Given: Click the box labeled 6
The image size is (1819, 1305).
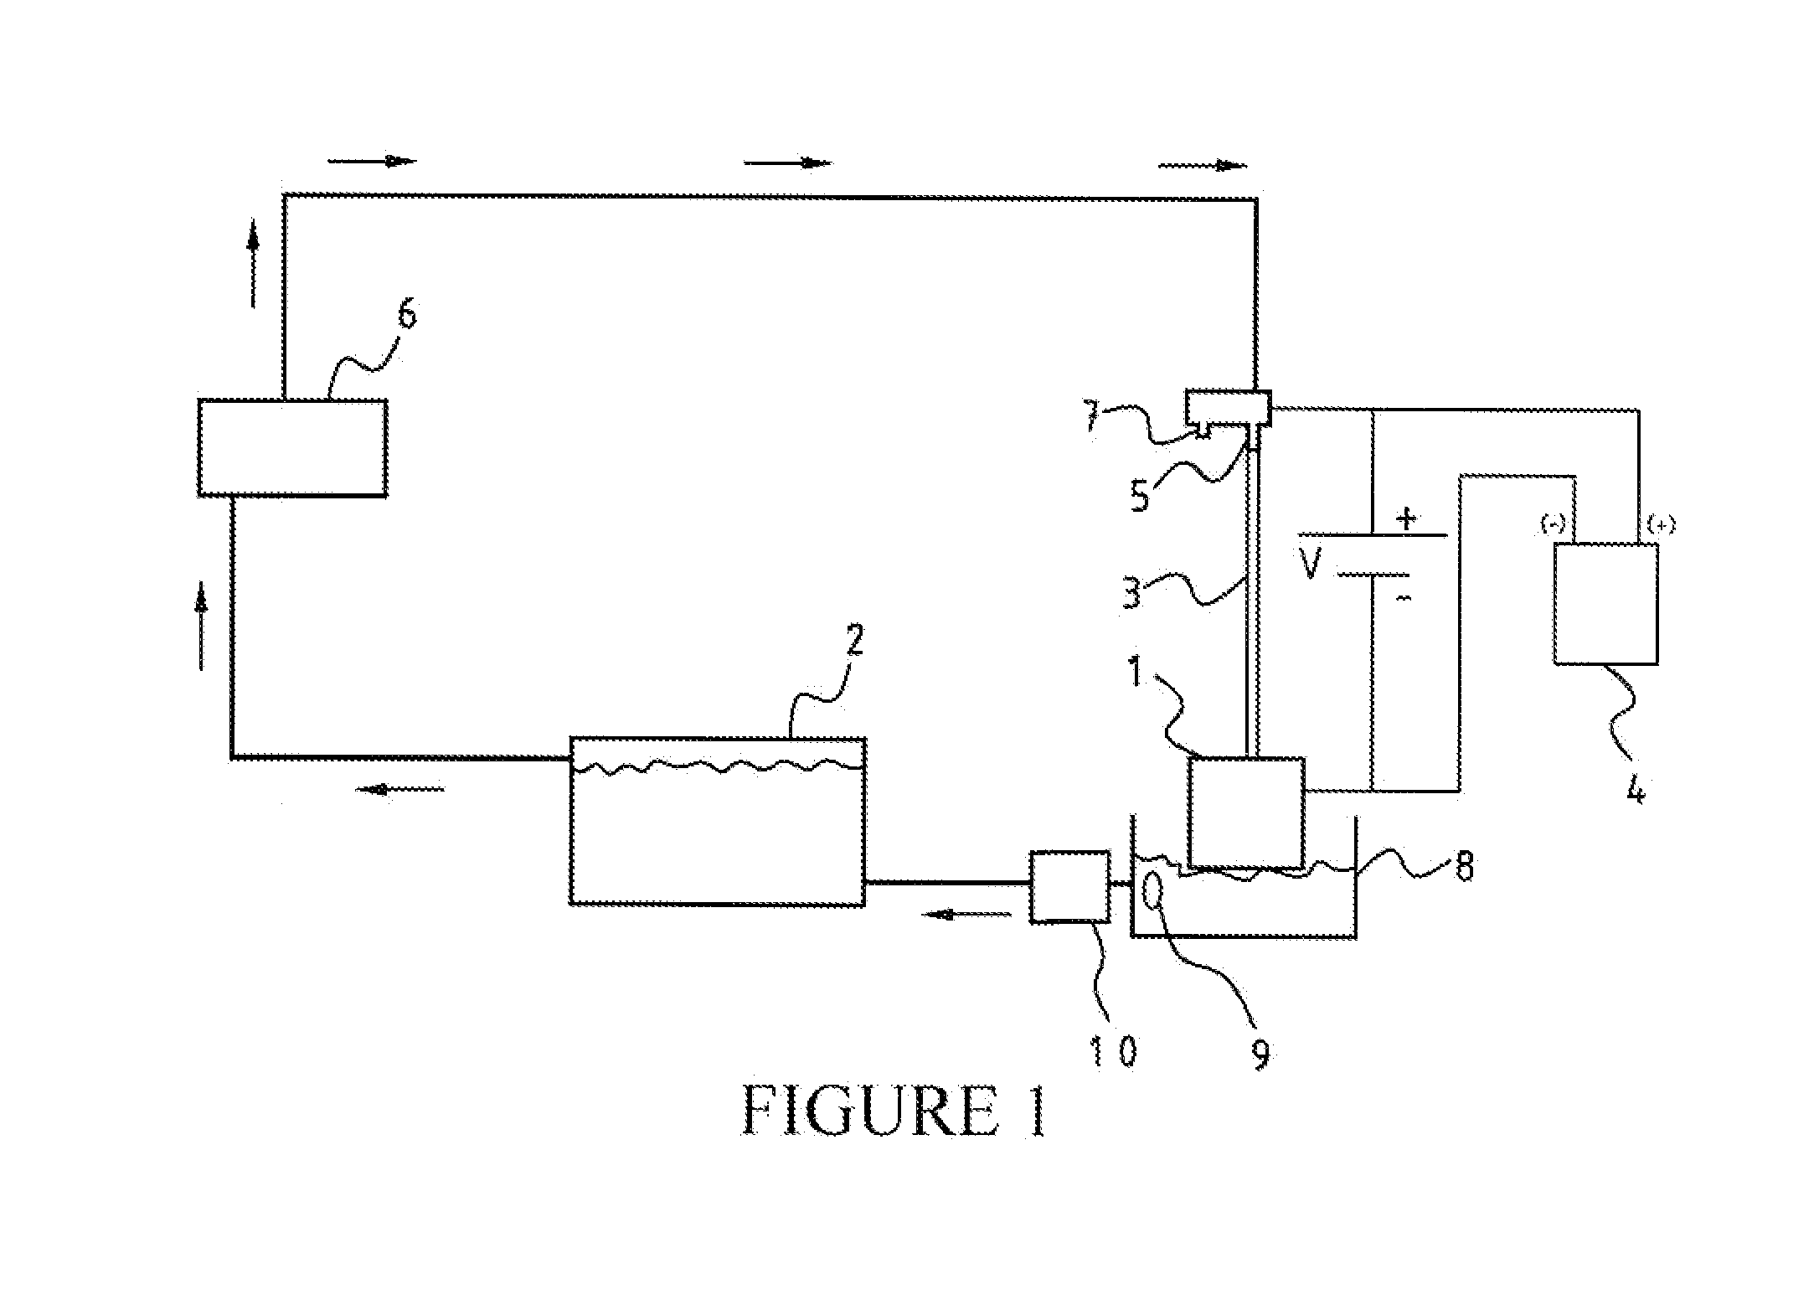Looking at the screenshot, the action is coord(292,448).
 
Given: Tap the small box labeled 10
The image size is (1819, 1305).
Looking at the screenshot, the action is coord(1070,887).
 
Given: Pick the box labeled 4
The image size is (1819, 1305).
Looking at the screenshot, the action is coord(1606,604).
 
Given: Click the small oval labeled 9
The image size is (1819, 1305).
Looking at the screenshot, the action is coord(1154,890).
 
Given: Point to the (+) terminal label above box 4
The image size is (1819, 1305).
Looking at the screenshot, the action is coord(1661,524).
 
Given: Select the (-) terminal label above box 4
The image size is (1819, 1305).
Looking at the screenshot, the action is coord(1552,524).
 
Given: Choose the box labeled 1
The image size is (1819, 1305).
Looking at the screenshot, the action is coord(1246,812).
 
